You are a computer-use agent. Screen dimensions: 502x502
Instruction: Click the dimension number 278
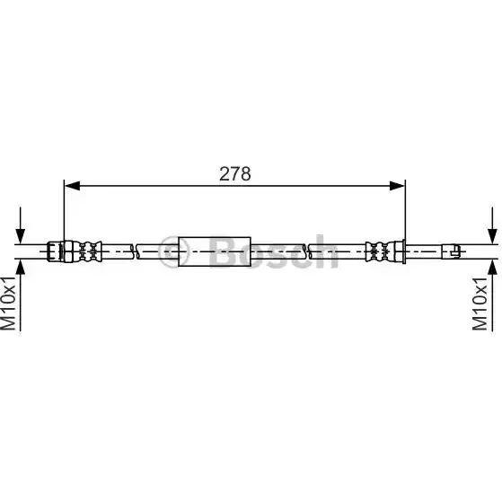click(235, 174)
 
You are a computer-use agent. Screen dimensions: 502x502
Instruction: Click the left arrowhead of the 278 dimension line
click(72, 185)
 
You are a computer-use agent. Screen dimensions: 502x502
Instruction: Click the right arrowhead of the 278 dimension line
click(397, 185)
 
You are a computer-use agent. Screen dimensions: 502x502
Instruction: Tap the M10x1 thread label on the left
click(8, 303)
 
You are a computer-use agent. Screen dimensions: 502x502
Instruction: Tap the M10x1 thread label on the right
click(480, 304)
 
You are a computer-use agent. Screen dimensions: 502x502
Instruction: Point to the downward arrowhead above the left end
click(20, 235)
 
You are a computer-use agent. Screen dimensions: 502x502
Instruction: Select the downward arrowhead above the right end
click(492, 235)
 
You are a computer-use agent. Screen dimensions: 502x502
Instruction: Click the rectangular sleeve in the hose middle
click(215, 251)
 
